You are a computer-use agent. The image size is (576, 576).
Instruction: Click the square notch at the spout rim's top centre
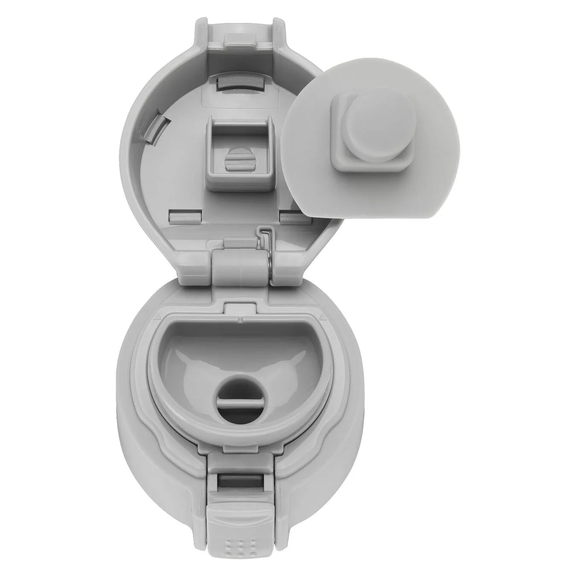(240, 308)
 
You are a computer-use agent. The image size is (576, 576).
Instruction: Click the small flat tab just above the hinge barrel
(239, 244)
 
